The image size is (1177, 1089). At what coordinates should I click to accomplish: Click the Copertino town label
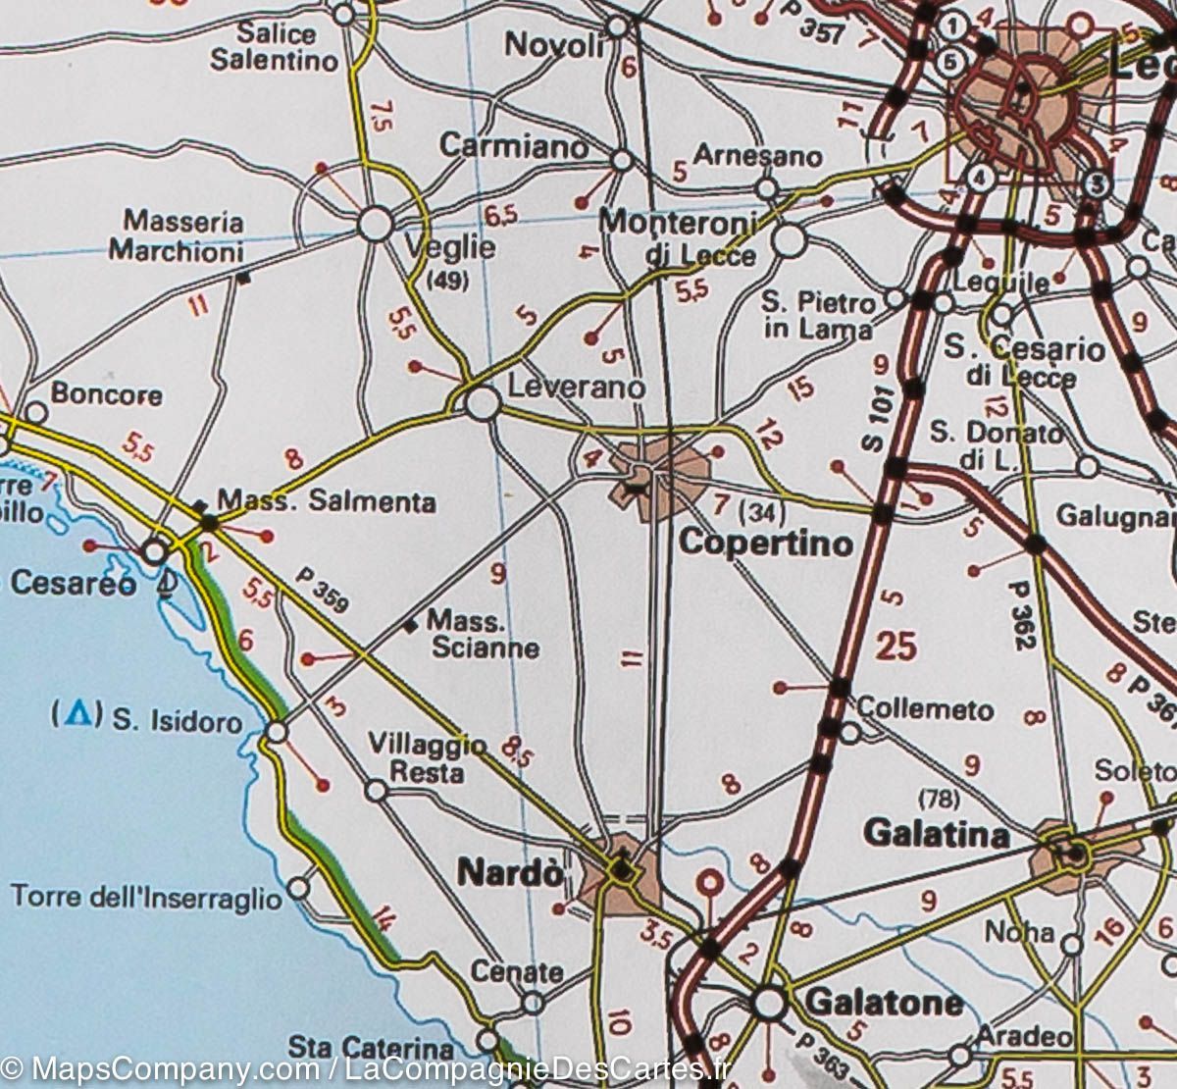coord(766,543)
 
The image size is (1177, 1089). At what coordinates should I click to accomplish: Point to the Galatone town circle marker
coord(770,1003)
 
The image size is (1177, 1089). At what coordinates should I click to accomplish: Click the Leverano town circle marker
coord(482,403)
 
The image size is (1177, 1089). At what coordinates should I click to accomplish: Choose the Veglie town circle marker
coord(376,224)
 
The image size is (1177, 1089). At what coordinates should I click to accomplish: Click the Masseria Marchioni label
coord(177,236)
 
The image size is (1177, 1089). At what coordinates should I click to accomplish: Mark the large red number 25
coord(896,647)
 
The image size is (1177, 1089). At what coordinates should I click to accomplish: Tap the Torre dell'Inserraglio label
coord(145,896)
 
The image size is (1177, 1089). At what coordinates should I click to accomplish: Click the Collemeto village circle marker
coord(850,732)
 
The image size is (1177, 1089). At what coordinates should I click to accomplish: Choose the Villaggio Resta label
coord(427,758)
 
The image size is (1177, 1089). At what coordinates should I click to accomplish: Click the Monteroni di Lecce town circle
coord(790,239)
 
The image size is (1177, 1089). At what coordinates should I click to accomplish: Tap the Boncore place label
coord(106,394)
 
